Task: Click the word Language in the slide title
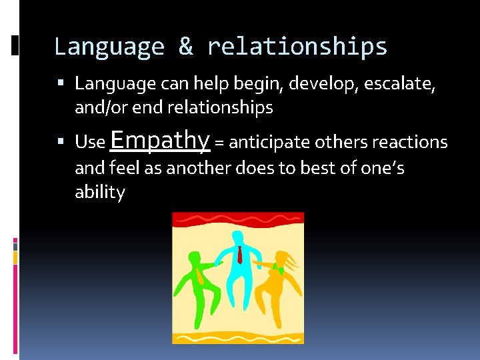tap(109, 47)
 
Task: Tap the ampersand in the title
tap(185, 47)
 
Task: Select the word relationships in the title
tap(297, 47)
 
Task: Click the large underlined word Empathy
tap(160, 140)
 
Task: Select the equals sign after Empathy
tap(219, 143)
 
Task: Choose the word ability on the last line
tap(99, 193)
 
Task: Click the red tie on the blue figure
tap(239, 254)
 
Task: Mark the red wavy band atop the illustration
tap(238, 219)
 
